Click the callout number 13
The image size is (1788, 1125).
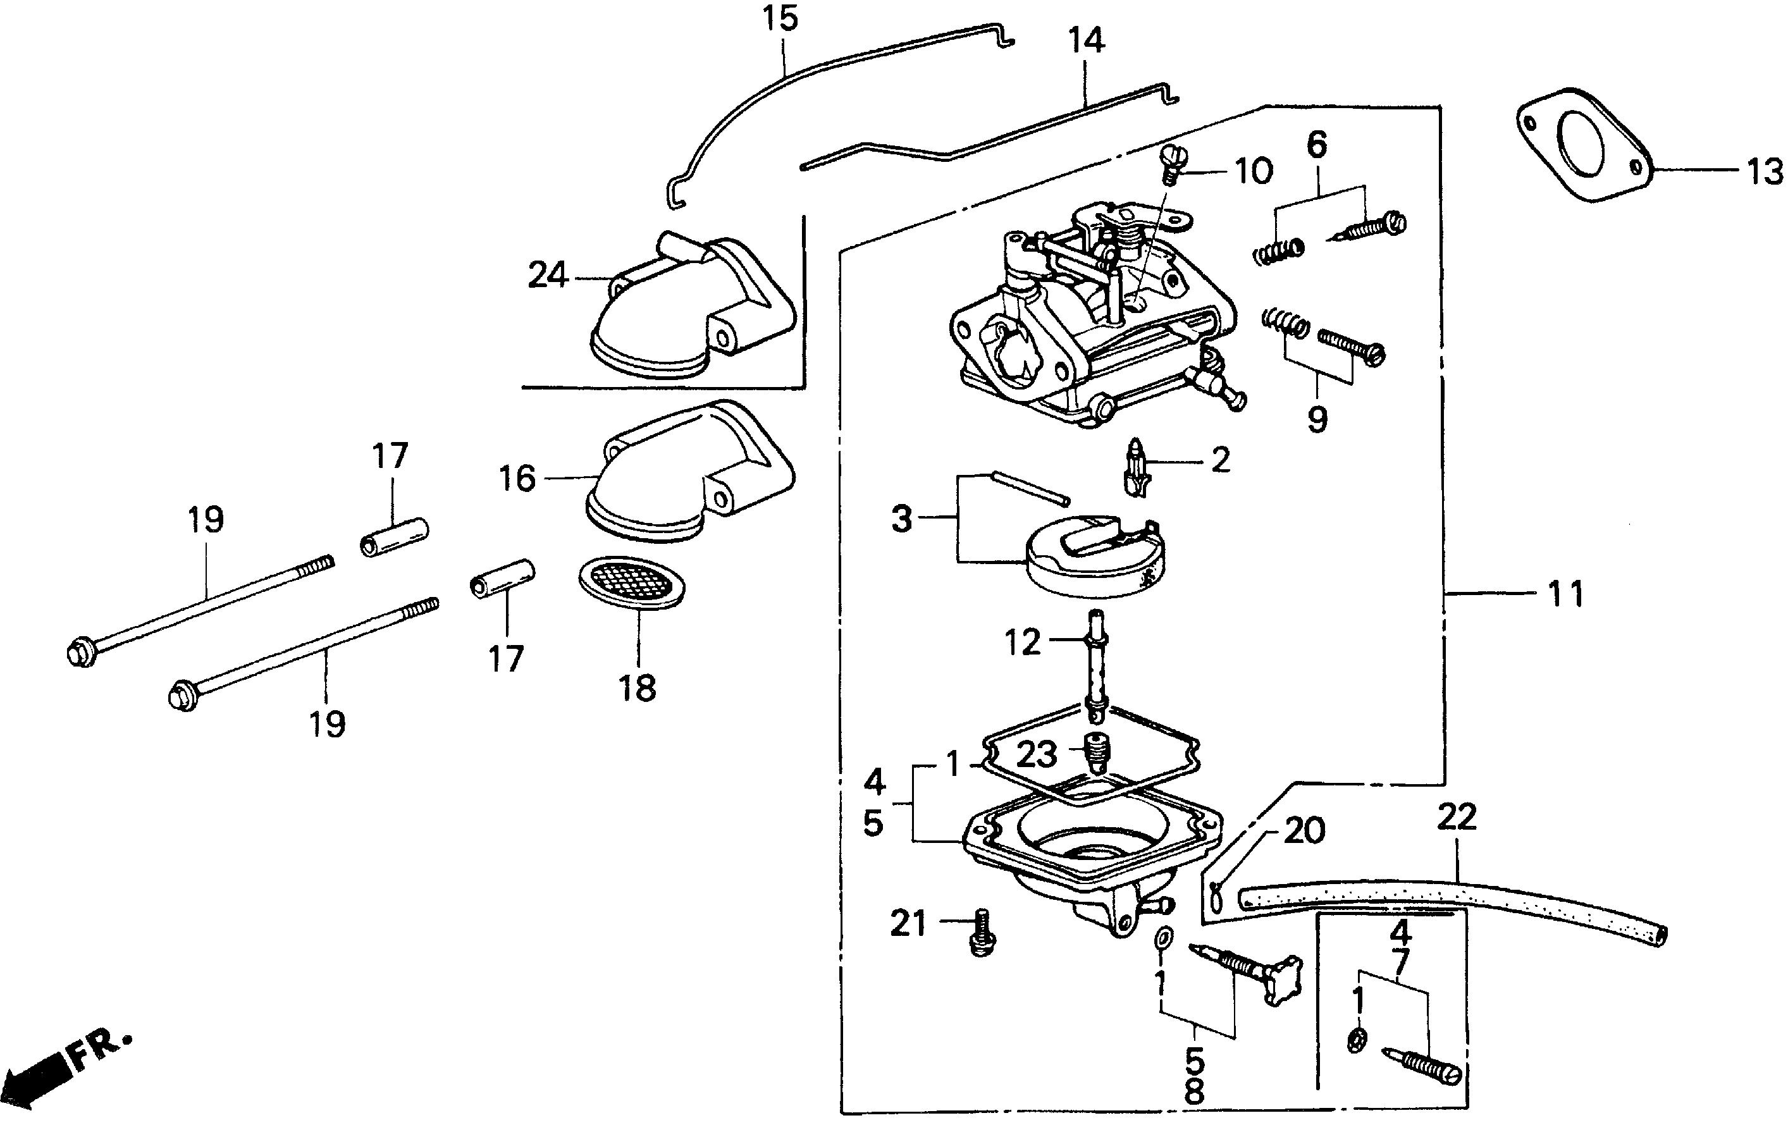[1763, 171]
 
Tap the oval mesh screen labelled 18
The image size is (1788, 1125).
[631, 583]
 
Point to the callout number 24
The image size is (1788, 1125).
[547, 276]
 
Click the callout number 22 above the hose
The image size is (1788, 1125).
[1456, 818]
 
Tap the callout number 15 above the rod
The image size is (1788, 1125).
[780, 18]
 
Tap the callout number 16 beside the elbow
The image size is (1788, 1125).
[517, 478]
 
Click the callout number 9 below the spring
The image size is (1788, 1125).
[1317, 419]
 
